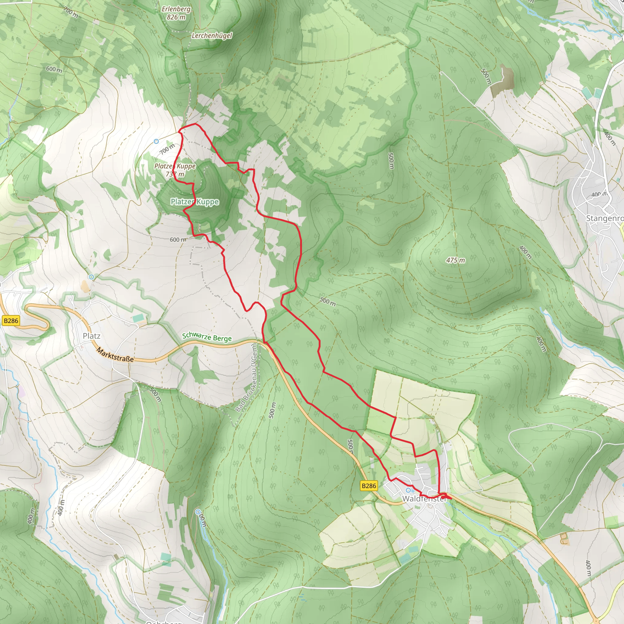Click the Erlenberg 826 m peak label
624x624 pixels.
click(x=176, y=13)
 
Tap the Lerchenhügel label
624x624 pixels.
click(x=212, y=36)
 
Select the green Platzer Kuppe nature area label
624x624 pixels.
click(x=195, y=202)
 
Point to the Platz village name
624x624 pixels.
click(x=91, y=336)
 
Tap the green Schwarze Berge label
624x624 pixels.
click(x=207, y=337)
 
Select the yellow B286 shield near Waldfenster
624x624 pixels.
click(x=369, y=486)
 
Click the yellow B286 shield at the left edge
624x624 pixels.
click(x=11, y=321)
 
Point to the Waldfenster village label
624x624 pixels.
click(x=424, y=499)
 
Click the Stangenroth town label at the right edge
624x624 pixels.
click(x=604, y=218)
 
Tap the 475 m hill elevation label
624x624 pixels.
click(x=456, y=260)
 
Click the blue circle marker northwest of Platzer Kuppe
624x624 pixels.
click(x=156, y=141)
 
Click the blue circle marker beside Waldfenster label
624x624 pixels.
click(x=408, y=491)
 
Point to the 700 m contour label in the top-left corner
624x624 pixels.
click(x=71, y=12)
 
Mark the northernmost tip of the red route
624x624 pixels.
click(x=195, y=124)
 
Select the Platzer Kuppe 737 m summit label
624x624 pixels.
click(x=175, y=170)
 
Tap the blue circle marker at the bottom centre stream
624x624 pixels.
click(x=198, y=512)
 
